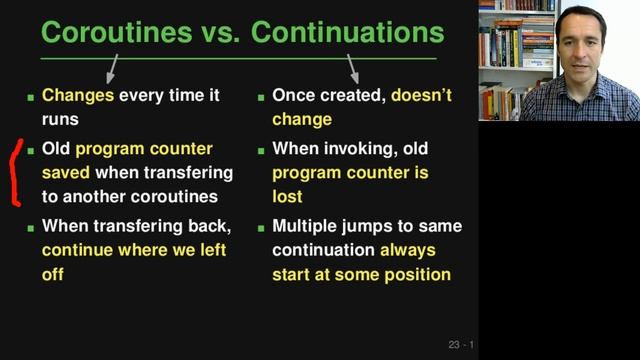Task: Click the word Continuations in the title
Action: [348, 32]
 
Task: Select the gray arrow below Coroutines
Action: [111, 68]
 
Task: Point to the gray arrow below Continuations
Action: [352, 68]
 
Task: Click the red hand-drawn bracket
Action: [14, 172]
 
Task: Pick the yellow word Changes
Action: [78, 97]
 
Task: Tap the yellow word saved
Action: [66, 173]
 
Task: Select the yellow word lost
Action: [288, 197]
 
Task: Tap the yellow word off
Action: [53, 274]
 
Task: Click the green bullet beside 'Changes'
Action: [30, 98]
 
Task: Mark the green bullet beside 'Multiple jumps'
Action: [261, 227]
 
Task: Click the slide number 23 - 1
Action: [461, 345]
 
